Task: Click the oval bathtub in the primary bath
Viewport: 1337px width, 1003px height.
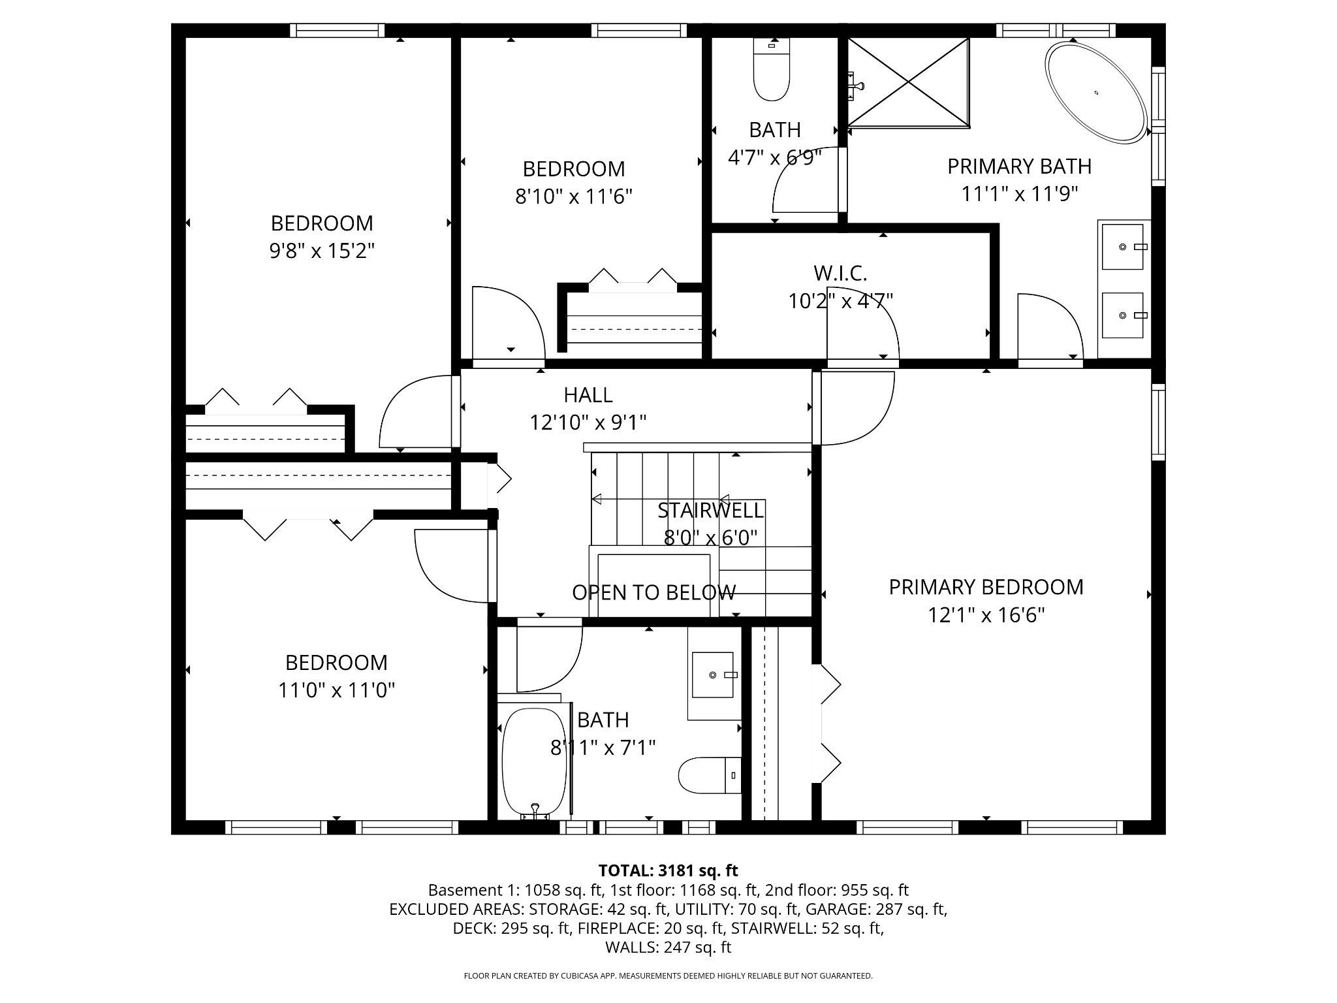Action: tap(1096, 92)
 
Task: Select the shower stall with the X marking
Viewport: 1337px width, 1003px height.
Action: tap(908, 82)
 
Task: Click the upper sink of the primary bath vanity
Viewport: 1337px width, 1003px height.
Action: tap(1123, 247)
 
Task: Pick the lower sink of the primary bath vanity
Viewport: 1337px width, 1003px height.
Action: tap(1123, 315)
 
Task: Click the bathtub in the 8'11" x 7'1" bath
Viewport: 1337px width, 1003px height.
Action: tap(534, 761)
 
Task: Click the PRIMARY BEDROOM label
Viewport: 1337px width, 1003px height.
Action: tap(986, 587)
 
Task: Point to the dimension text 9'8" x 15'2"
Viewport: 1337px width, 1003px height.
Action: tap(322, 251)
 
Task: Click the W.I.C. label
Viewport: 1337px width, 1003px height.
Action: tap(840, 273)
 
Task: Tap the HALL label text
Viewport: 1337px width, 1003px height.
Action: tap(588, 395)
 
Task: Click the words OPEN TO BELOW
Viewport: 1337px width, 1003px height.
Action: tap(653, 592)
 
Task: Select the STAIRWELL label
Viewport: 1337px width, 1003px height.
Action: tap(710, 510)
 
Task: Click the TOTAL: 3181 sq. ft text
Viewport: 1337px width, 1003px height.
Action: tap(668, 870)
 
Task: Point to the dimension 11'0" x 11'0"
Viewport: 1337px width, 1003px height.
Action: tap(336, 690)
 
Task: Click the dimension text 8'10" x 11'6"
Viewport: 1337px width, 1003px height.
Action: tap(574, 197)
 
